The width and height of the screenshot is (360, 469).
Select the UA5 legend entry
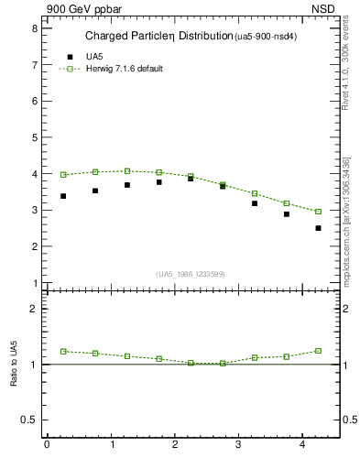point(94,57)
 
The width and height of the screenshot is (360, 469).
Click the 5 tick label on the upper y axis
point(34,137)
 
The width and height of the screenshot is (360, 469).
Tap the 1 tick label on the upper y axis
point(34,283)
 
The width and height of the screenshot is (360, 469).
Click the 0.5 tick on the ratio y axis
point(28,420)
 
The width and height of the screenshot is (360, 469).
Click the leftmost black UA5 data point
point(63,196)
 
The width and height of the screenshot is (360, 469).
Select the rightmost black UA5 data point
point(318,228)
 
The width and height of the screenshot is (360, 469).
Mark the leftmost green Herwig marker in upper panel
point(63,174)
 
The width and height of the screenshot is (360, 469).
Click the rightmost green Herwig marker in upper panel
point(318,212)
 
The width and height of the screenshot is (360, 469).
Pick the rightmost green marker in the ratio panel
point(318,351)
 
